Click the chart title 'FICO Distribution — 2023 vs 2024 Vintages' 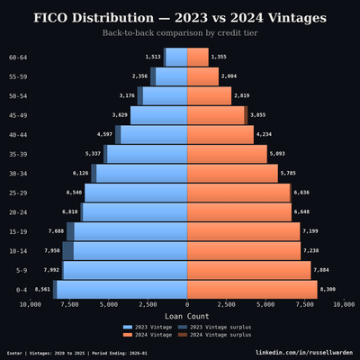click(180, 17)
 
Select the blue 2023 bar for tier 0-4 click(121, 289)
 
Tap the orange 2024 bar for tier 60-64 click(197, 57)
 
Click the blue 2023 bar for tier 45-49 click(159, 115)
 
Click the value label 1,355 click(220, 57)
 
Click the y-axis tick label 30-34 click(18, 174)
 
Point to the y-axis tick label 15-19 click(18, 231)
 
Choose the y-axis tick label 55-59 click(18, 76)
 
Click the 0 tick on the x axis click(186, 306)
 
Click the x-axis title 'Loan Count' click(186, 317)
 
